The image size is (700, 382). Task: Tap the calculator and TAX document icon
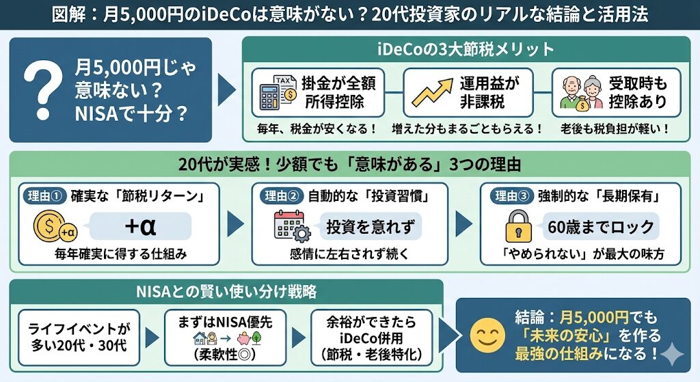coord(275,93)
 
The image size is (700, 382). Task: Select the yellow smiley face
coord(486,335)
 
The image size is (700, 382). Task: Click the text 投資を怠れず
coord(370,226)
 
